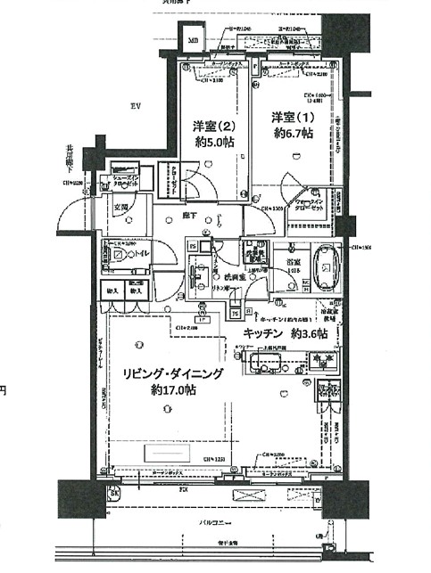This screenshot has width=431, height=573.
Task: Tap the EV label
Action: [136, 106]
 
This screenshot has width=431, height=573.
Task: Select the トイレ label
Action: [141, 254]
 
